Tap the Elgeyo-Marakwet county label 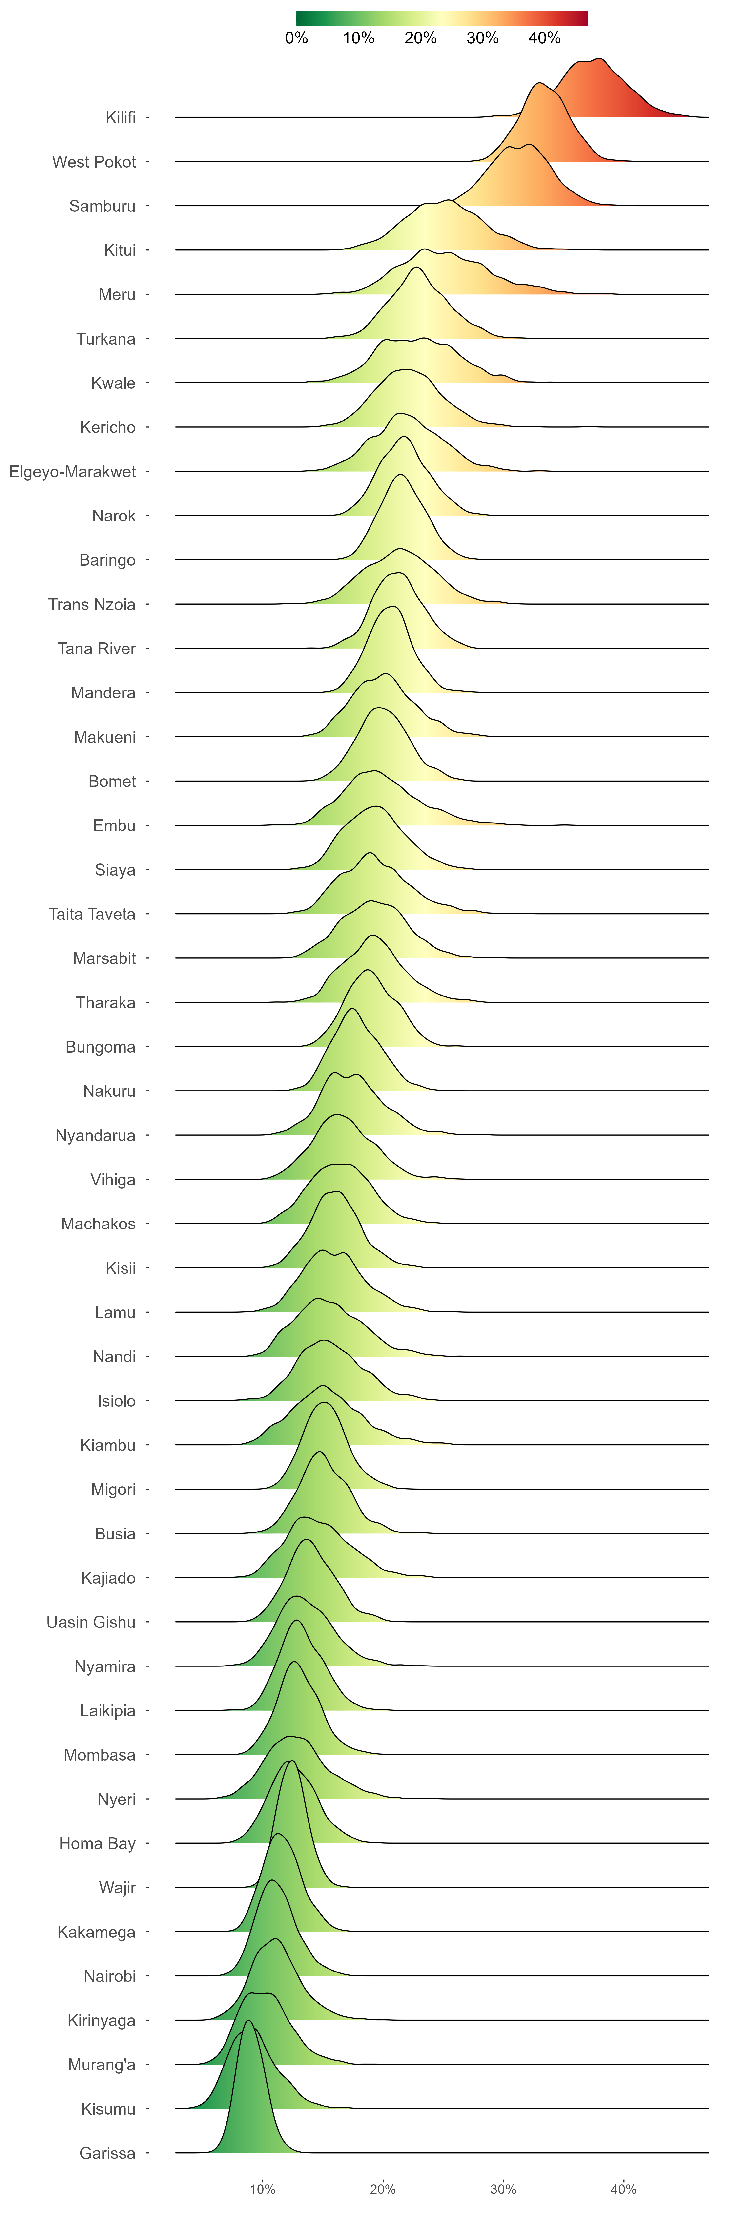[x=72, y=472]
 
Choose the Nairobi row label [x=110, y=1976]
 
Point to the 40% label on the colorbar [x=544, y=38]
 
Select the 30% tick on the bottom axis [x=503, y=2189]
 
